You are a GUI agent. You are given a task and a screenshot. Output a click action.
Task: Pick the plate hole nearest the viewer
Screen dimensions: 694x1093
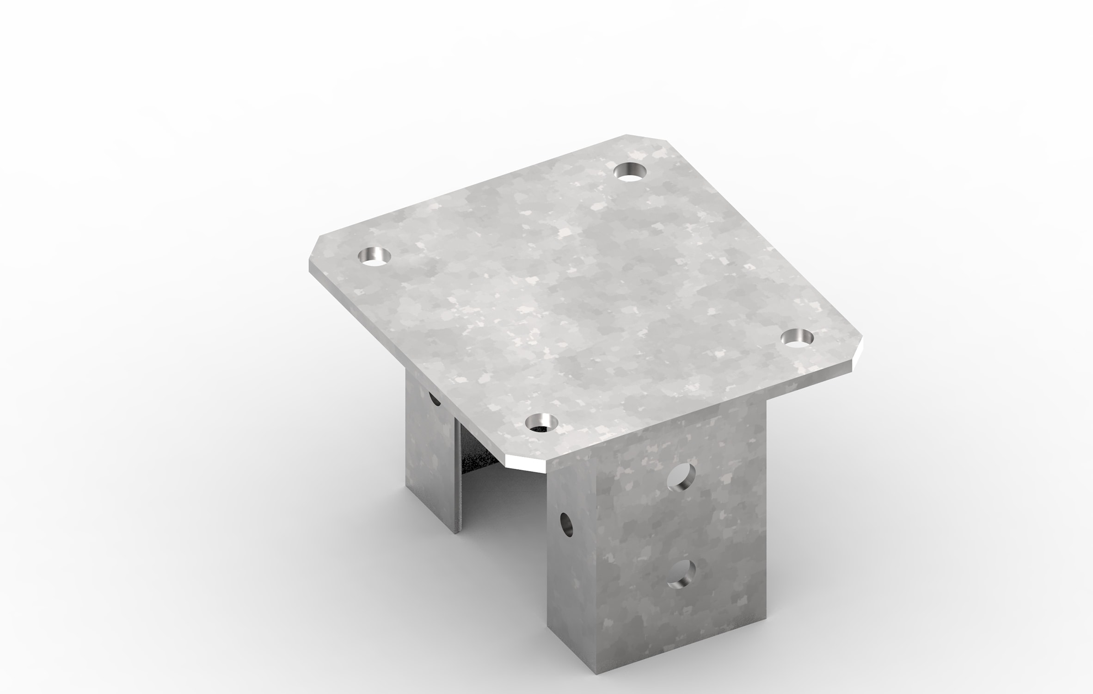541,422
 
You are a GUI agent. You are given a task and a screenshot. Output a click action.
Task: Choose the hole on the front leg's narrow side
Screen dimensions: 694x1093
566,524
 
